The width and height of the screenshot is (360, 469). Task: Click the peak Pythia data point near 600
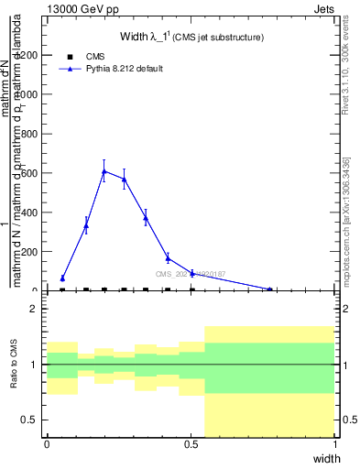point(104,170)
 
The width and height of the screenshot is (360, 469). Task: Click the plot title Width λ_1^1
point(192,38)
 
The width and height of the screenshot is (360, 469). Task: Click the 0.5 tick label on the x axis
point(191,444)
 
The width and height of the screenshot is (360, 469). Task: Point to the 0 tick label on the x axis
point(47,444)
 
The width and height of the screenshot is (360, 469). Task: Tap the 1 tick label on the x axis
point(335,444)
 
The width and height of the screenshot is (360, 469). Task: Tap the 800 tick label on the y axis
point(27,134)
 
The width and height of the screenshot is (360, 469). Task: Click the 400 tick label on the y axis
point(27,213)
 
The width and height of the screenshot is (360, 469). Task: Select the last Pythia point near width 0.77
point(269,289)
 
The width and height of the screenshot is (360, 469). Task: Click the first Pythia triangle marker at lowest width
point(62,278)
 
